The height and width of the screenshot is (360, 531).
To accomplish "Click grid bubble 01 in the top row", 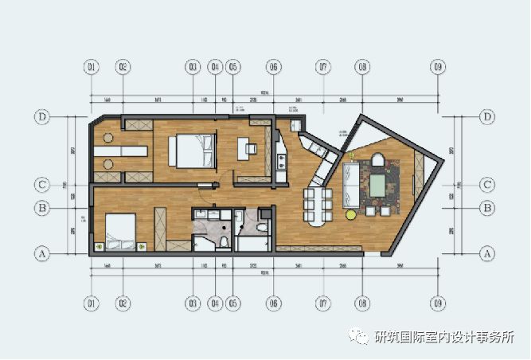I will click(92, 67).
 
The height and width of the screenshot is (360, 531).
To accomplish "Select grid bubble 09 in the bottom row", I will click(437, 303).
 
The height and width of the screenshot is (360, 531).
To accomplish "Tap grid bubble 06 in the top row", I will click(274, 67).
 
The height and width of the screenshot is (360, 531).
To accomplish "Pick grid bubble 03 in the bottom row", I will click(192, 303).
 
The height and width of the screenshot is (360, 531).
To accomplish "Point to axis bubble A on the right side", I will click(486, 253).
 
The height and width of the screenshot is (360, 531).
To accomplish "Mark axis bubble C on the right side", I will click(486, 185).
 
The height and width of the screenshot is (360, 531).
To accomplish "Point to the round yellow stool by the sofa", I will click(350, 214).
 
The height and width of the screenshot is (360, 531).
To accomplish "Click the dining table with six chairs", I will click(317, 204).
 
